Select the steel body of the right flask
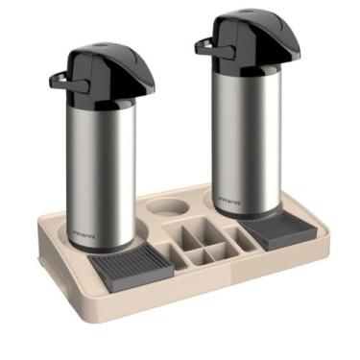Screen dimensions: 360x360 [x=248, y=134]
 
